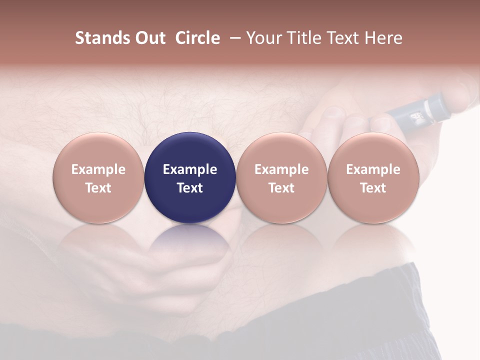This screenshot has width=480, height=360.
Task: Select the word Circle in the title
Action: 197,38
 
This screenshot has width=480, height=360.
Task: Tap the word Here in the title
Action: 384,38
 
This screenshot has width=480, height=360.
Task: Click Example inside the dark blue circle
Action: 190,169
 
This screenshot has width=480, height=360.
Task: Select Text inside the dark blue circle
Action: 190,188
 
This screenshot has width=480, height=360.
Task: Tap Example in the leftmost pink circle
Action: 98,169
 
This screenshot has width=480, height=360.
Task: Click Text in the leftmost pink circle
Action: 98,188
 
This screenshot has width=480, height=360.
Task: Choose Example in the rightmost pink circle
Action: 373,169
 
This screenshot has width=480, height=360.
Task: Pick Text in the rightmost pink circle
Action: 373,188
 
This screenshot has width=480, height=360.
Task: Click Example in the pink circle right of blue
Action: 281,169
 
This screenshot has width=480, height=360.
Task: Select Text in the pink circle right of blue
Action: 281,188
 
